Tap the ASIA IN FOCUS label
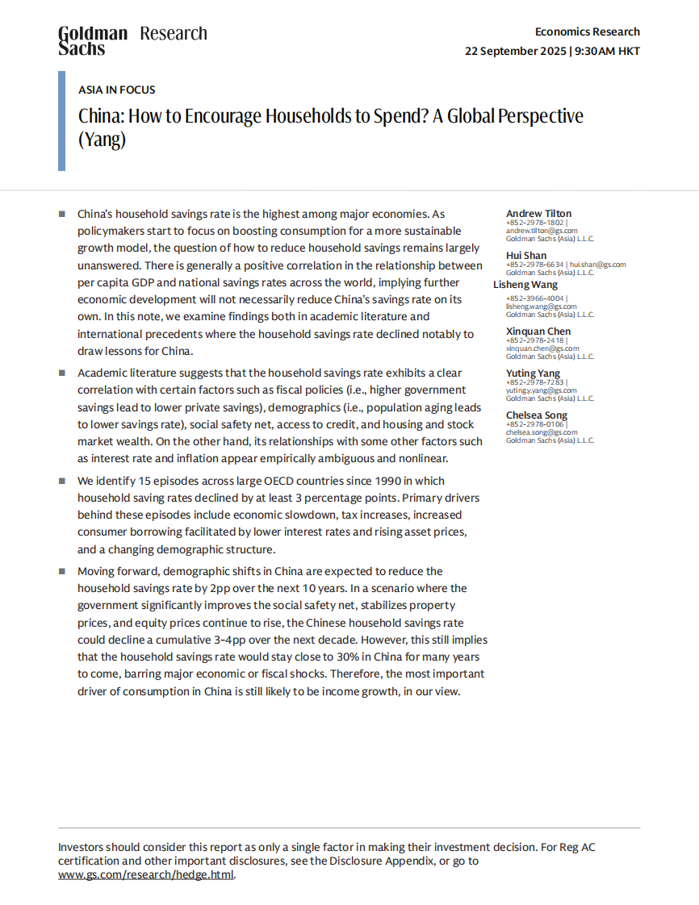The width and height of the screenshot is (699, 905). tap(117, 90)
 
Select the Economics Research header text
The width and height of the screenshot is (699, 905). tap(587, 31)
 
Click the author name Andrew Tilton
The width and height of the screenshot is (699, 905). tap(538, 214)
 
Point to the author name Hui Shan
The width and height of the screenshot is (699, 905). tap(526, 256)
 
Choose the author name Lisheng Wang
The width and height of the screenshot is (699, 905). tap(525, 285)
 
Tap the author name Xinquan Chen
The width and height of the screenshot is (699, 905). tap(538, 331)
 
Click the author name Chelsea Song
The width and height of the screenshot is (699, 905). tap(537, 415)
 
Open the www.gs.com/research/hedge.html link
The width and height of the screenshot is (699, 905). tap(146, 874)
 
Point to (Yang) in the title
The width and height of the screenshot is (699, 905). tap(103, 139)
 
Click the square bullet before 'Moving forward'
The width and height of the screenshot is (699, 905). tap(61, 571)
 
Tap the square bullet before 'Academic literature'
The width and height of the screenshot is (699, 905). tap(61, 373)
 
